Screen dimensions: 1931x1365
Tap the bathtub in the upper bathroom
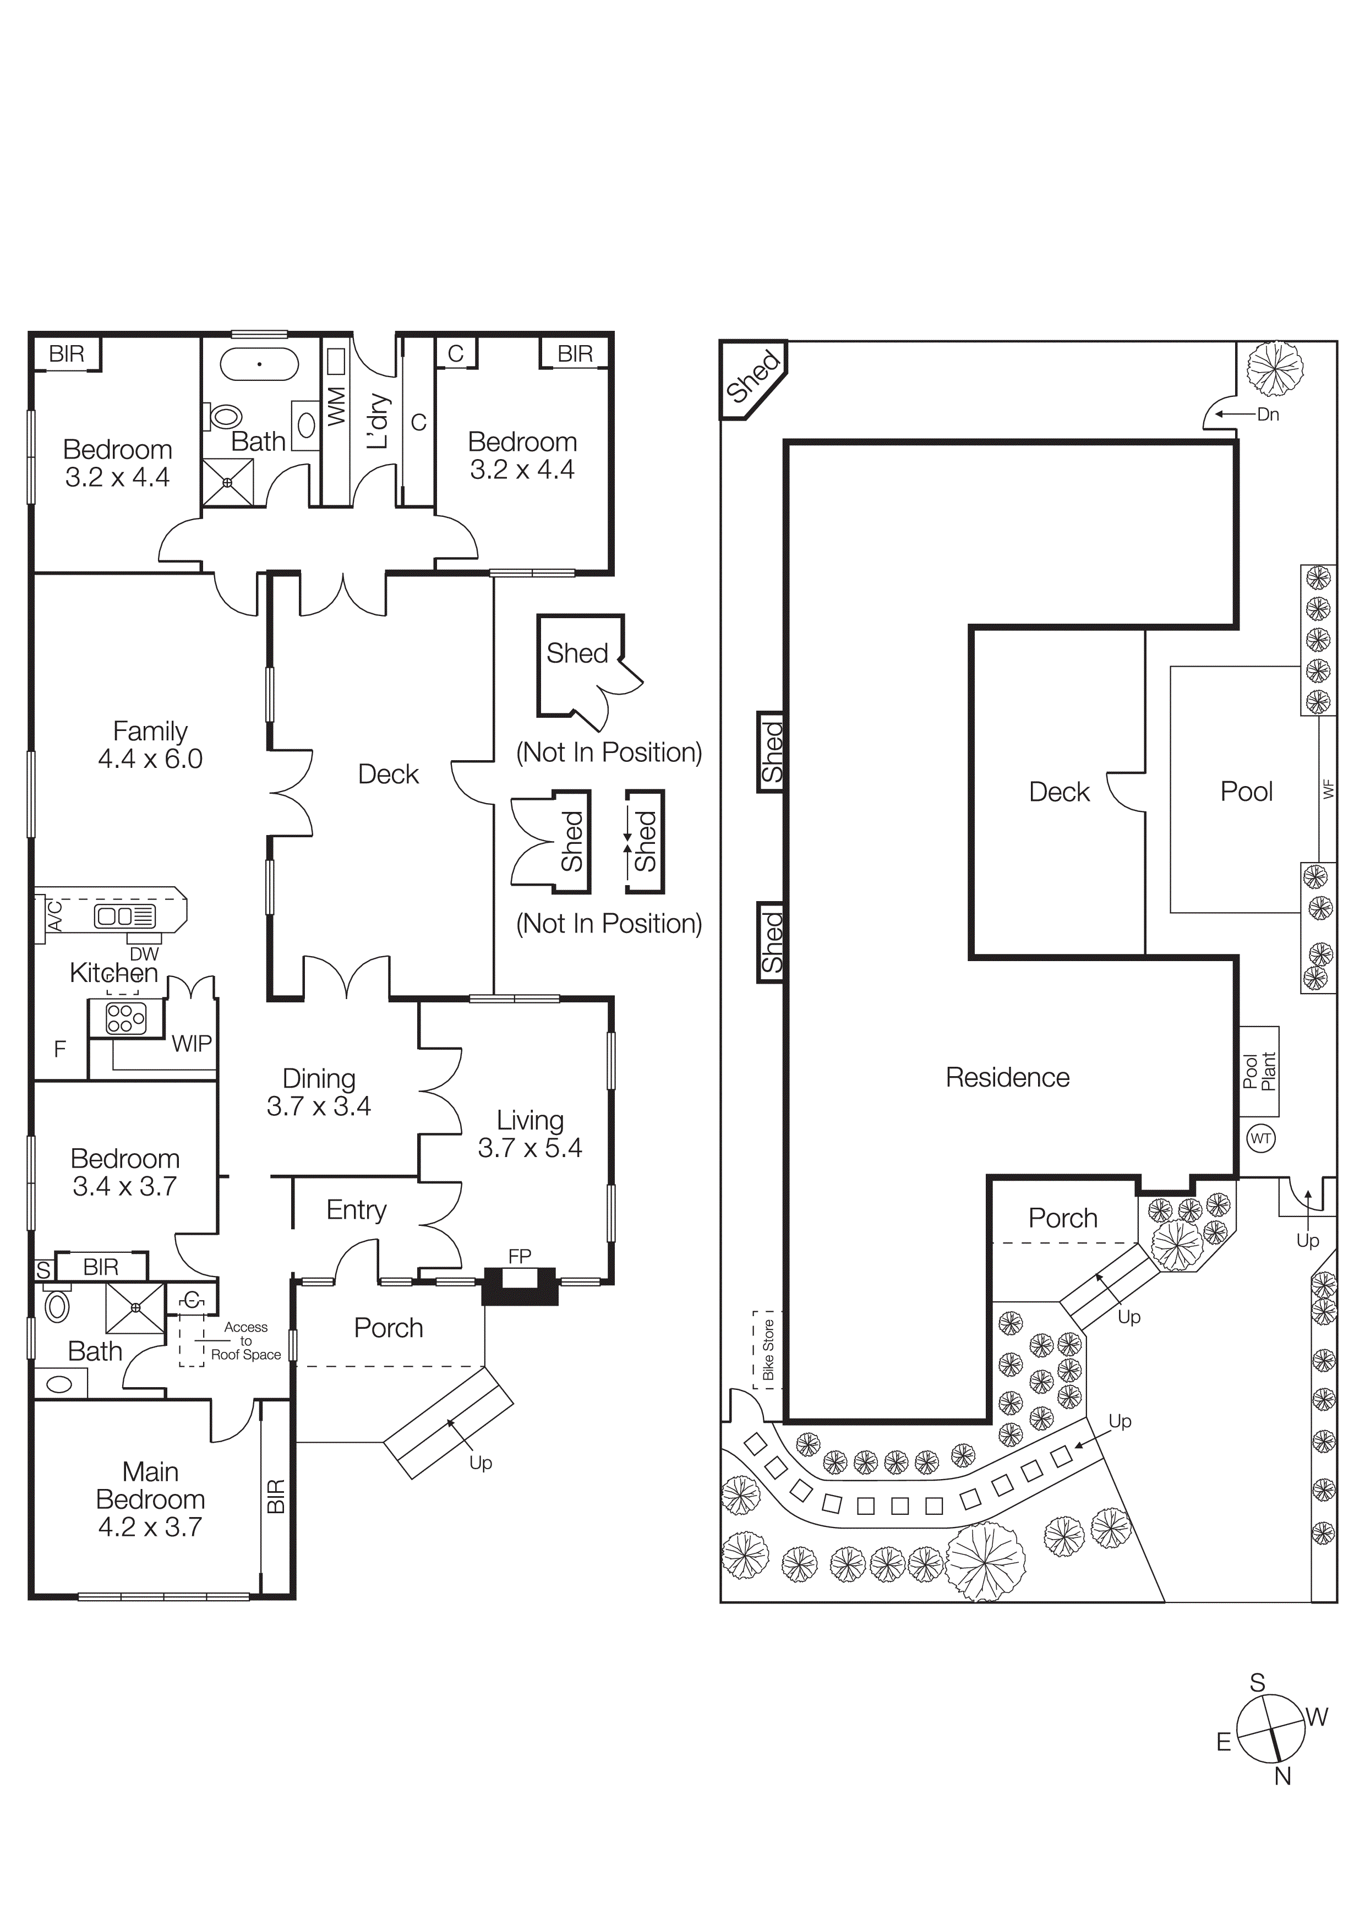[259, 364]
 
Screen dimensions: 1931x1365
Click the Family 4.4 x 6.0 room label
[150, 744]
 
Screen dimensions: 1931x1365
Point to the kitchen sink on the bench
[124, 916]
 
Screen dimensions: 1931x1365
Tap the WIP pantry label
[192, 1044]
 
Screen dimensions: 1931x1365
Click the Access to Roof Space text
[245, 1340]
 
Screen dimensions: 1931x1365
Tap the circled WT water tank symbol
[1260, 1139]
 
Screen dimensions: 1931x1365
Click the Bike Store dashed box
[767, 1349]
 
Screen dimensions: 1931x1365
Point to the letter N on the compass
[1282, 1776]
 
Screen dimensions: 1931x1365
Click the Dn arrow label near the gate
[1268, 414]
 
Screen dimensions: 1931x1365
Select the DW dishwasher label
[144, 954]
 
